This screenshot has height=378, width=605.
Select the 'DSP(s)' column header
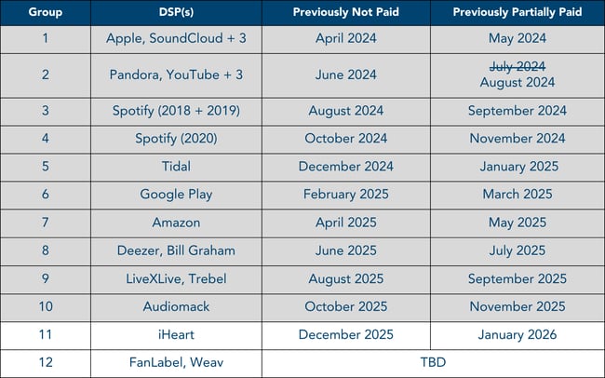[x=176, y=13]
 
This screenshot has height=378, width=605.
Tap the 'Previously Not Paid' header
[x=347, y=13]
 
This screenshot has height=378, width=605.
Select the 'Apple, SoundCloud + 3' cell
[x=176, y=40]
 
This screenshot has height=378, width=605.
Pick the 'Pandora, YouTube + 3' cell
[x=176, y=75]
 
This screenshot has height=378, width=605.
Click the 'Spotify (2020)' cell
[x=176, y=139]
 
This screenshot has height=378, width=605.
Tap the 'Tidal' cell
[x=176, y=167]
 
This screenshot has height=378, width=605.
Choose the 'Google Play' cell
[x=176, y=195]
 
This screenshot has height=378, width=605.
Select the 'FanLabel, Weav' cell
[x=176, y=362]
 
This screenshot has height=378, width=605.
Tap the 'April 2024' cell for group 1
[x=347, y=40]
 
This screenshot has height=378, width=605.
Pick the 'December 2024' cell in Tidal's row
[x=347, y=167]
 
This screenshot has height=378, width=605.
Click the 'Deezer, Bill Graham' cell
[x=176, y=250]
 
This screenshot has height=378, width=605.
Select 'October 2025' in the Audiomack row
[x=347, y=306]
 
